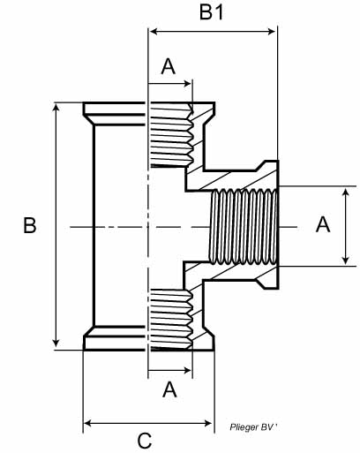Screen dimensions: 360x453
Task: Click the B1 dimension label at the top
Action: pyautogui.click(x=211, y=12)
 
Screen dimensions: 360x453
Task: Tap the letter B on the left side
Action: pyautogui.click(x=30, y=225)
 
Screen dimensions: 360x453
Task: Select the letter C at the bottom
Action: pyautogui.click(x=145, y=442)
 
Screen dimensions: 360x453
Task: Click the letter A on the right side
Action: pyautogui.click(x=323, y=224)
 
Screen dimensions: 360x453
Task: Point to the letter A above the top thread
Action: pyautogui.click(x=169, y=66)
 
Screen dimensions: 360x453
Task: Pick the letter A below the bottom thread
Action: pyautogui.click(x=169, y=389)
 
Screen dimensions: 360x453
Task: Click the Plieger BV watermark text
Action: pyautogui.click(x=253, y=427)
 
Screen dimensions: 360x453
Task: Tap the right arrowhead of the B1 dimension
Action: pyautogui.click(x=272, y=32)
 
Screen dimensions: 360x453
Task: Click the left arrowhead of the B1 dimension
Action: pyautogui.click(x=154, y=32)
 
